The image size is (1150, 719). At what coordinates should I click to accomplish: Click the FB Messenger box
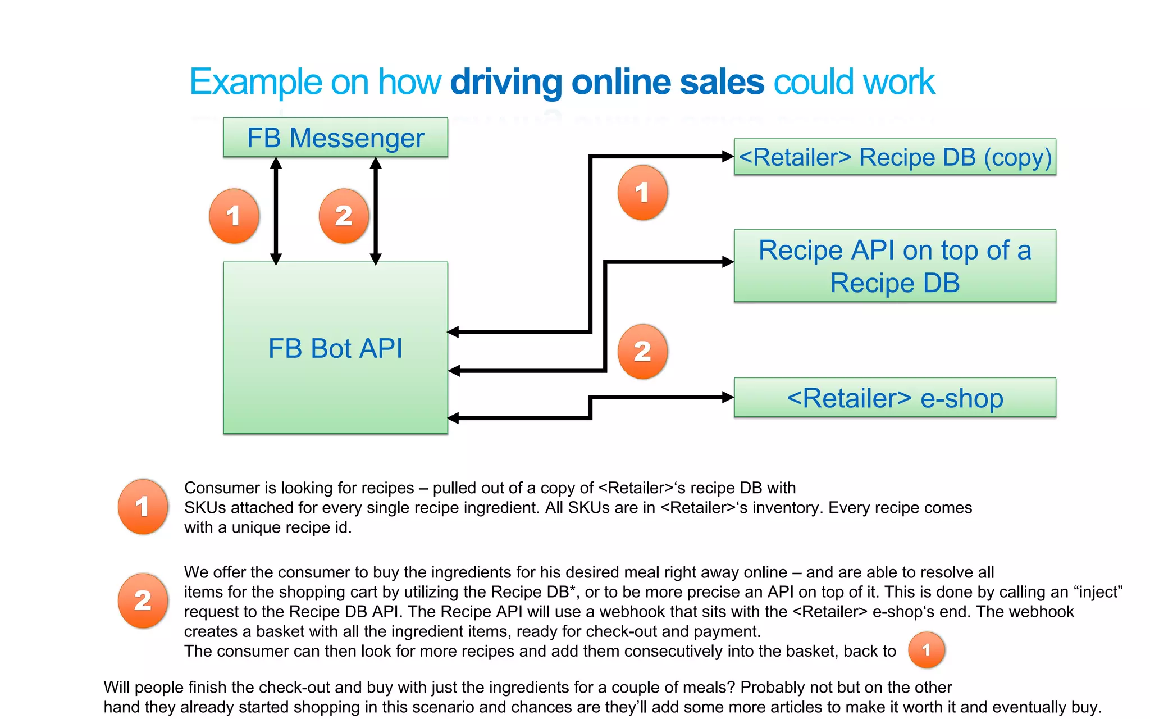coord(335,138)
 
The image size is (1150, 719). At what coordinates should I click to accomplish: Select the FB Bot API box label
coord(335,348)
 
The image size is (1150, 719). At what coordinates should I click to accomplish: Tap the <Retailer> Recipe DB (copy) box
coord(895,157)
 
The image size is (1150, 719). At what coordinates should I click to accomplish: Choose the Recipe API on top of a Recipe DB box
coord(895,266)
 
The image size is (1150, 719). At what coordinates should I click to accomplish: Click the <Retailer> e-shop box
coord(895,398)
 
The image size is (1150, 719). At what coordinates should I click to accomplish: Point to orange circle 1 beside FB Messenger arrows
coord(234,216)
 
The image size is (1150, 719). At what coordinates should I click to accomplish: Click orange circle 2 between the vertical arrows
coord(343,216)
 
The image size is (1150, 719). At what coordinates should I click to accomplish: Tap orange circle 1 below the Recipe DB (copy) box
coord(642,193)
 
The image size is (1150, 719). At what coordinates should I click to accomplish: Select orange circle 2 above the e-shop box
coord(642,352)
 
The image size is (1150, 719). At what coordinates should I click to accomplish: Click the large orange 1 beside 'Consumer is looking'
coord(143,506)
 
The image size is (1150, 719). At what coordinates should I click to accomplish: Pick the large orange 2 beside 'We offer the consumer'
coord(143,600)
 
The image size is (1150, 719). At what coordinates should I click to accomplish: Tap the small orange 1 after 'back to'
coord(926,650)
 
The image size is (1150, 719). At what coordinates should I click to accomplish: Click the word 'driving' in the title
coord(506,82)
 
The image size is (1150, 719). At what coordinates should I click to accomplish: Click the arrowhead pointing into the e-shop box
coord(728,398)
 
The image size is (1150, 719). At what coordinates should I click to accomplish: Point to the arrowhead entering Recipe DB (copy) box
coord(728,157)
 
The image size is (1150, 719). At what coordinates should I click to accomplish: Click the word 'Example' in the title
coord(255,82)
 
